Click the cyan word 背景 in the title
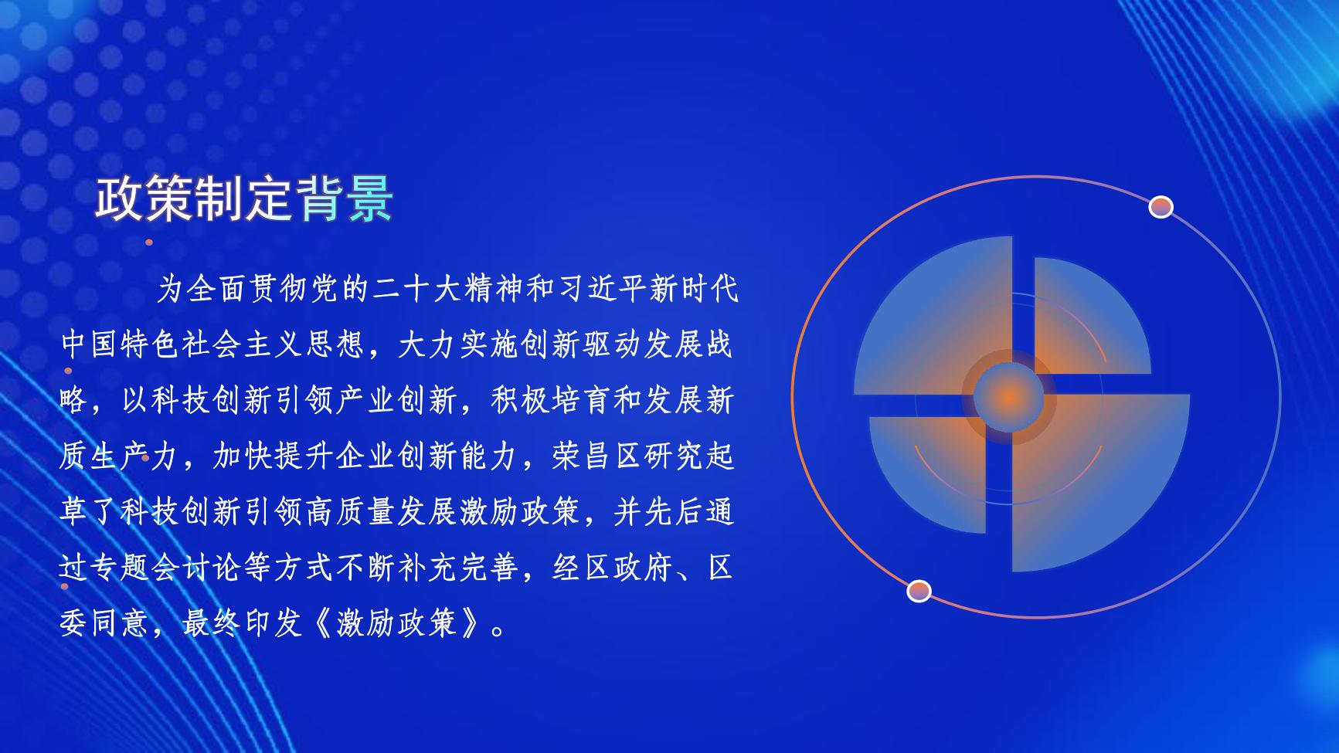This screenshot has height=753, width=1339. click(x=345, y=199)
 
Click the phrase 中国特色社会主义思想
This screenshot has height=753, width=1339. click(x=212, y=345)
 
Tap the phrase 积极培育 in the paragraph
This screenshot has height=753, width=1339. click(x=549, y=401)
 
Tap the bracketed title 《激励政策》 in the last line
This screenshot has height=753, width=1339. click(x=397, y=623)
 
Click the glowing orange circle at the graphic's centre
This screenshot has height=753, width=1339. click(x=1009, y=397)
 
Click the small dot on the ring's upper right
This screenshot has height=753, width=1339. click(x=1161, y=207)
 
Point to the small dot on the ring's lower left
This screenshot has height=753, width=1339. click(x=919, y=591)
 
